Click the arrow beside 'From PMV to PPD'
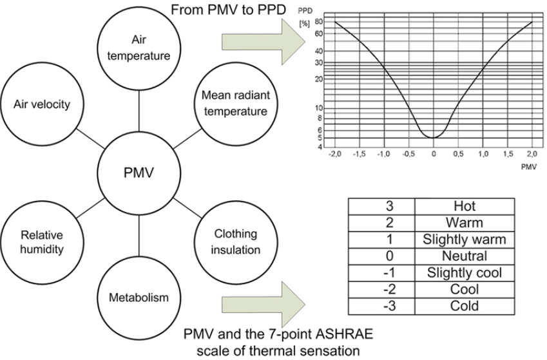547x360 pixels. click(264, 42)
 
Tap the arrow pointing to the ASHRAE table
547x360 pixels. click(264, 305)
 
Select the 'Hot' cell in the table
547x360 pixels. click(465, 206)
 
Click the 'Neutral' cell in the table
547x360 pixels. click(465, 256)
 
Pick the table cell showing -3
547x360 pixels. click(382, 307)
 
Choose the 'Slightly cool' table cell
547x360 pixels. click(465, 273)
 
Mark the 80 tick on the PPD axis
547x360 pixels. click(318, 22)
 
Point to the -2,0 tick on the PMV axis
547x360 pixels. click(334, 154)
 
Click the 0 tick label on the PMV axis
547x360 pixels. click(434, 154)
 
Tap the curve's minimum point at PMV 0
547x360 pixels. click(433, 138)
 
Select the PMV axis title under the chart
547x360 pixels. click(529, 167)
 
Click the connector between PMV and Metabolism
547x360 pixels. click(139, 236)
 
